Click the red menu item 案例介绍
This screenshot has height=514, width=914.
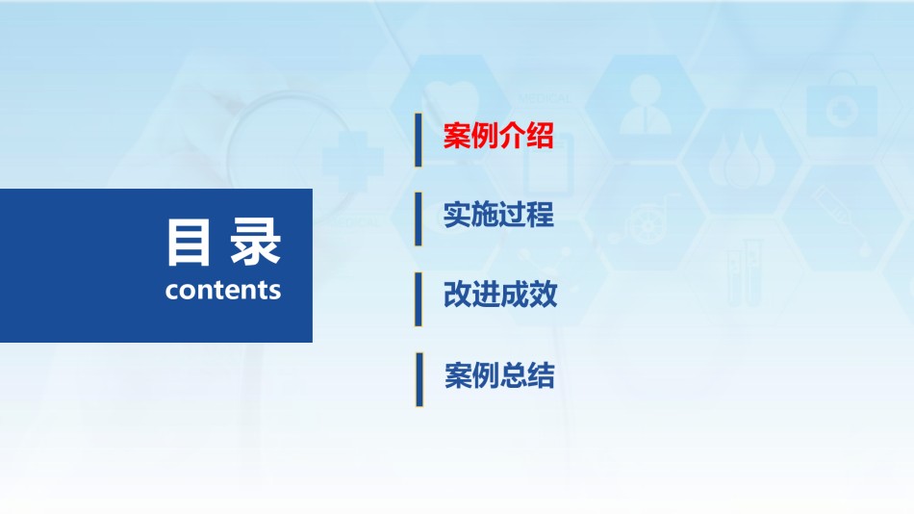tap(497, 136)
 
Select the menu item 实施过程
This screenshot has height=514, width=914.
tap(498, 215)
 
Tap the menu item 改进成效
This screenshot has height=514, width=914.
tap(500, 294)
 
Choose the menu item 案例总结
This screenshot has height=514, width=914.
tap(499, 375)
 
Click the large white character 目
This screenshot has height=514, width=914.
tap(188, 243)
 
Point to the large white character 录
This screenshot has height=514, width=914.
tap(255, 243)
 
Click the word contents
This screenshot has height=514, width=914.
tap(222, 290)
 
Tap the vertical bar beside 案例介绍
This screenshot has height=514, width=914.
tap(418, 140)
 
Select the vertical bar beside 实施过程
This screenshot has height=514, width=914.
tap(418, 219)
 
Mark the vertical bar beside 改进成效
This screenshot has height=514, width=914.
tap(418, 299)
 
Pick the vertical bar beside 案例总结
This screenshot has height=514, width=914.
tap(419, 379)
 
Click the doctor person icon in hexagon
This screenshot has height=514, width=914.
tap(645, 105)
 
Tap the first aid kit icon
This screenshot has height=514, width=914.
tap(842, 105)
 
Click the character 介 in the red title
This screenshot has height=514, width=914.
tap(512, 136)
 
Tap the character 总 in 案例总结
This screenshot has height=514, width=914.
tap(513, 375)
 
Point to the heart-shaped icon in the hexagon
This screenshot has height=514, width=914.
tap(450, 98)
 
